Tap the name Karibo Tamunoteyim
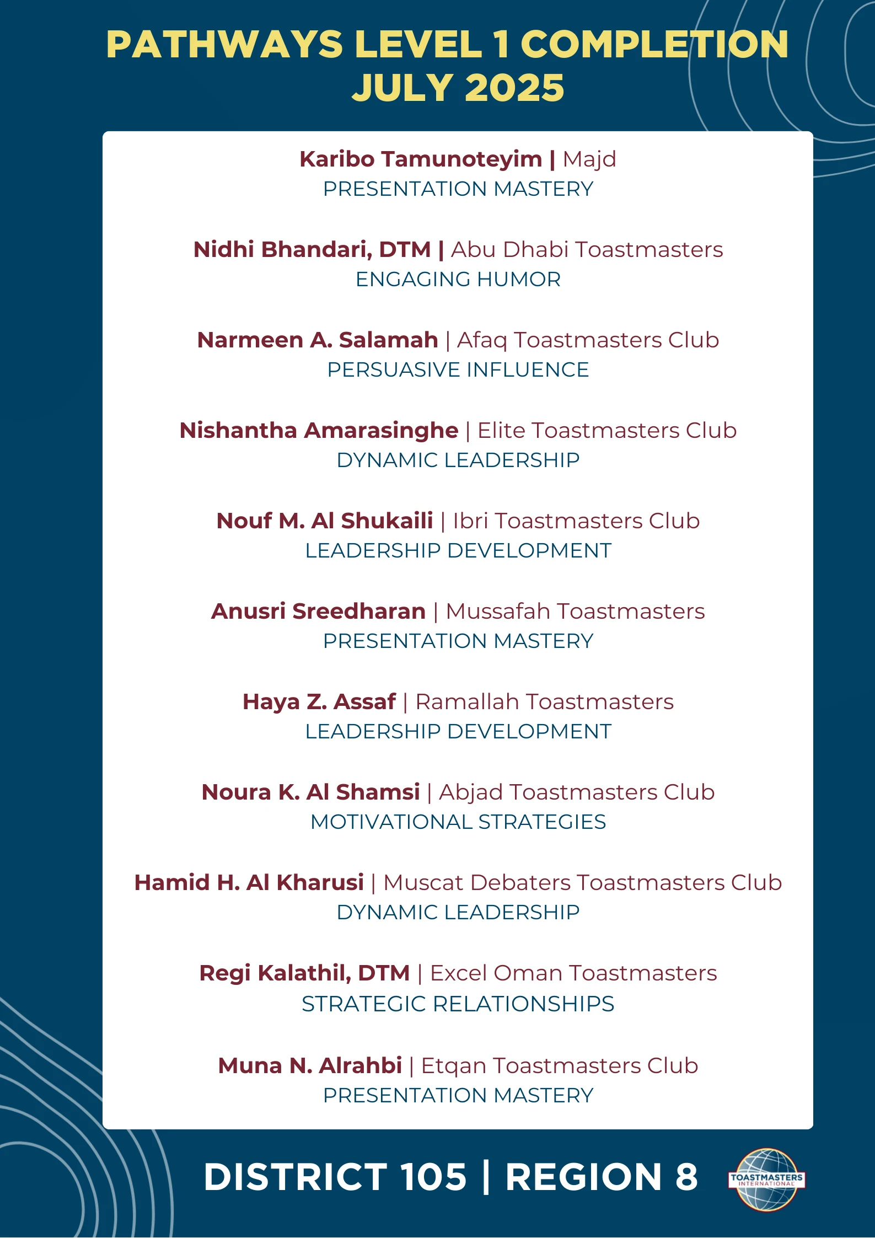[421, 159]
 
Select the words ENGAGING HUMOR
[458, 280]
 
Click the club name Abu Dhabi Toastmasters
[587, 250]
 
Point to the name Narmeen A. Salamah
[318, 340]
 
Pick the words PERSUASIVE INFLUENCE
[458, 370]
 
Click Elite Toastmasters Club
[606, 431]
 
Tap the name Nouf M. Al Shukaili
[325, 521]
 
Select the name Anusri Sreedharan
[318, 612]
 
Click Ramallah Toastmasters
[544, 702]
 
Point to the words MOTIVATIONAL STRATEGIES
[458, 822]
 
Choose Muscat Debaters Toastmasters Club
[582, 883]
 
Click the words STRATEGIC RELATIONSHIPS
[458, 1004]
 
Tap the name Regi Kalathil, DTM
[304, 973]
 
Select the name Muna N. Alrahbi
[310, 1066]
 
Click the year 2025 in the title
[513, 88]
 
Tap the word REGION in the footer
[583, 1177]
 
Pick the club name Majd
[589, 159]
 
